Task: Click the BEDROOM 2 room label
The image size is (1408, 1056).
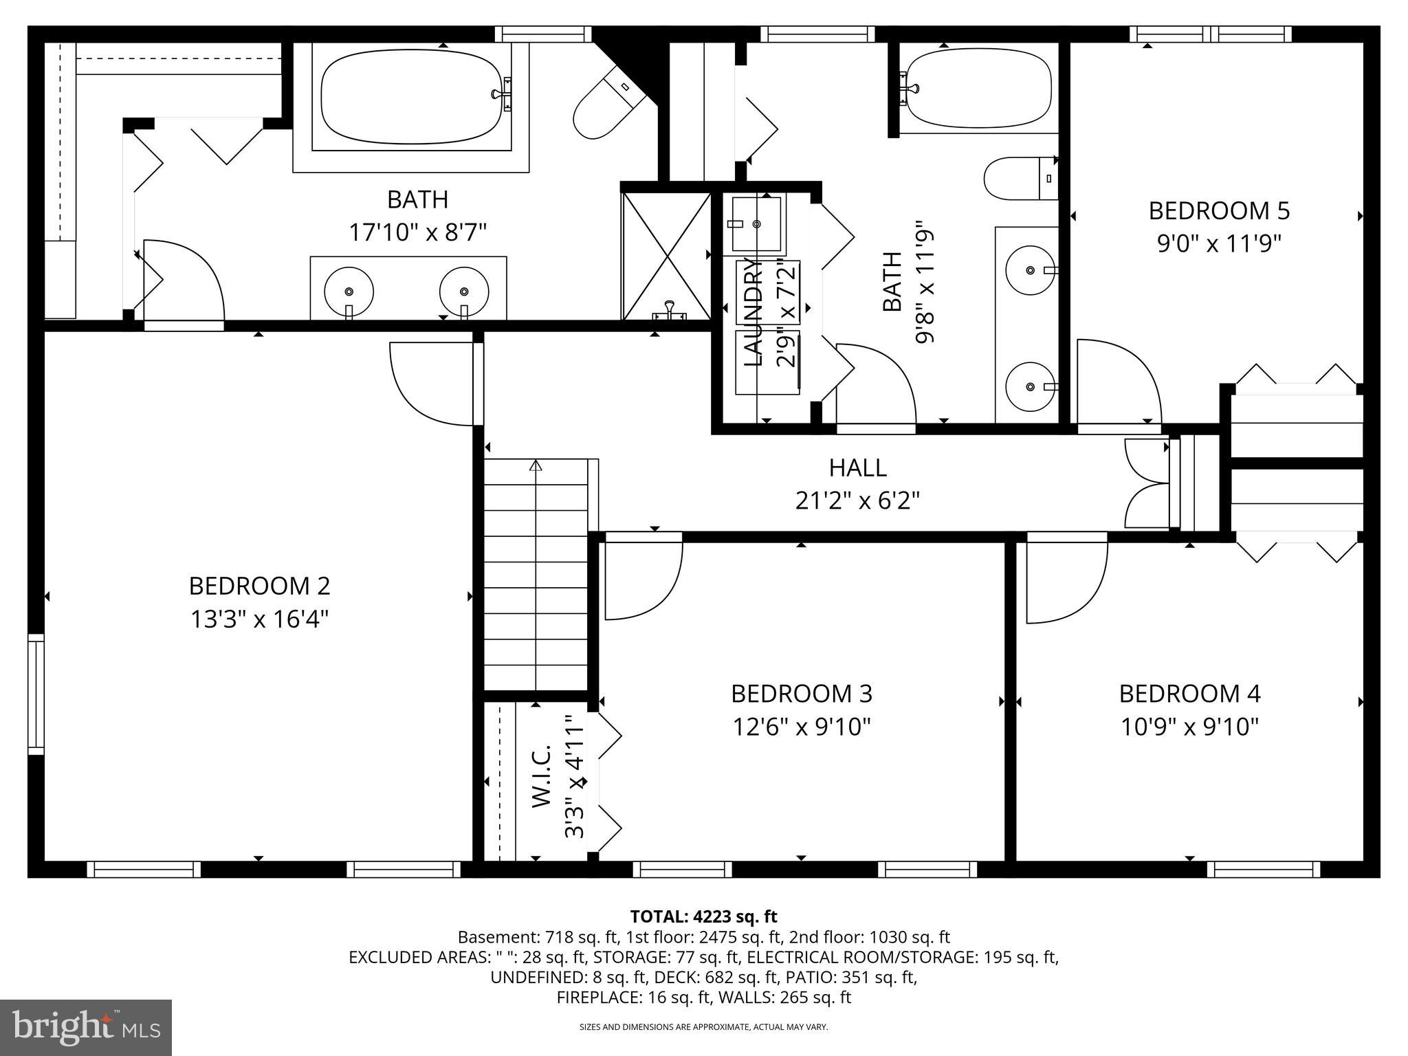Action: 259,586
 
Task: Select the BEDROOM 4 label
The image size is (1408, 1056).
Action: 1189,694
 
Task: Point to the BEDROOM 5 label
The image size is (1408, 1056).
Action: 1219,210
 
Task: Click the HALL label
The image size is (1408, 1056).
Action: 857,467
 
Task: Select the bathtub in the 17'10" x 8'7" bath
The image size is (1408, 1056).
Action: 411,96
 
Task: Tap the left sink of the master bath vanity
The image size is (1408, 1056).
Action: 349,291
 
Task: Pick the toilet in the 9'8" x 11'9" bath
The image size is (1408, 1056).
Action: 1020,179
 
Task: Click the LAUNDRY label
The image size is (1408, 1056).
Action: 754,311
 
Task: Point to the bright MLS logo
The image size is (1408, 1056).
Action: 86,1027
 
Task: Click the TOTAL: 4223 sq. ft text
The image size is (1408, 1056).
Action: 703,916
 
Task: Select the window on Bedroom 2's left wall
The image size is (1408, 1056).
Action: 35,694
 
